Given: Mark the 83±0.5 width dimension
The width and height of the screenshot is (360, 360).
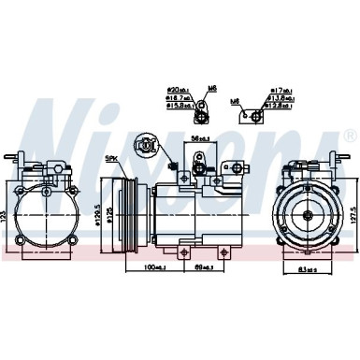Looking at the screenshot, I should (x=299, y=271).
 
